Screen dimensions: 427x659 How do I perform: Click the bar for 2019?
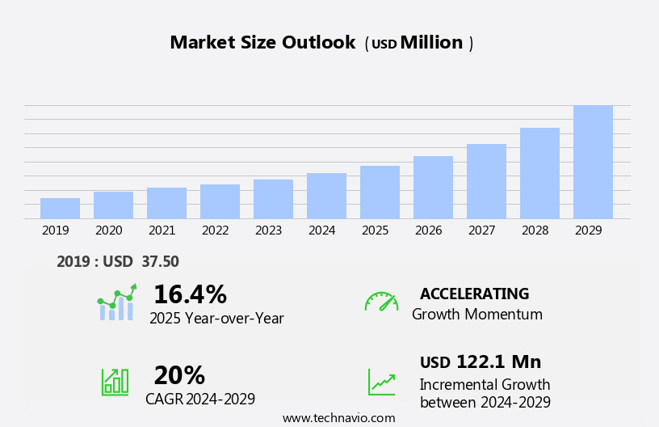coord(60,209)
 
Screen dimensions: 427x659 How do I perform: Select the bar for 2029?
coord(593,163)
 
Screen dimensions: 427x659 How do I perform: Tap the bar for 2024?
coord(326,196)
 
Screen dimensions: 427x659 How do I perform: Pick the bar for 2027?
coord(486,181)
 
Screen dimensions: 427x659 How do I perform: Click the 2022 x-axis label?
coord(215,230)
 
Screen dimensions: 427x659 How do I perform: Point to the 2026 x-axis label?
coord(428,230)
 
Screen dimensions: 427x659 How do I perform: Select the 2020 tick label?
coord(108,230)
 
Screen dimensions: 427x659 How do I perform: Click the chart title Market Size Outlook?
coord(262,43)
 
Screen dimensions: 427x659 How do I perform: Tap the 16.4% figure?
coord(190,294)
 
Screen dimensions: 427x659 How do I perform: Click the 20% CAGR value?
coord(179,375)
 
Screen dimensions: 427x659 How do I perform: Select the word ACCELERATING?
coord(474,294)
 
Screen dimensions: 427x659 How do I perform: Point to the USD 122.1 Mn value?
coord(481,361)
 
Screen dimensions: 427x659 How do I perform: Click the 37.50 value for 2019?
coord(160,261)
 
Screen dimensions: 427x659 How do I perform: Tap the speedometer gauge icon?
coord(381,302)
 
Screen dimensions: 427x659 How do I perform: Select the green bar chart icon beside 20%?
coord(115,381)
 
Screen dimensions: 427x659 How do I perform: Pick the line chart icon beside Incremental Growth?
coord(381,382)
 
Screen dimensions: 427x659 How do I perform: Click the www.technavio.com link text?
coord(338,418)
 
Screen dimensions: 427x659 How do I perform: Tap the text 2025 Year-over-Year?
coord(216,319)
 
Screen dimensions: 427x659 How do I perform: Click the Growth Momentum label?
coord(476,315)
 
